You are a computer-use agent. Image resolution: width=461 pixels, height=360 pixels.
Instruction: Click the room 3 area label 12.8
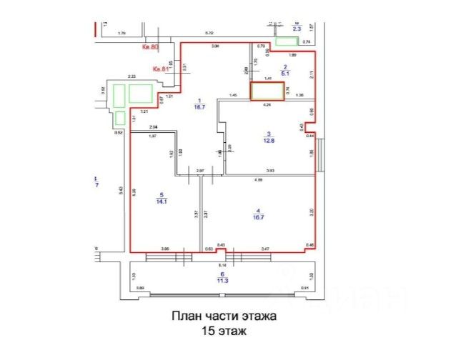point(269,141)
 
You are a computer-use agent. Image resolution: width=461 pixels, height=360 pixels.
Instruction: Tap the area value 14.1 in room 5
point(162,201)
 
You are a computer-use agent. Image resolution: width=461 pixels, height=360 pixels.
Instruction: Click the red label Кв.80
point(149,49)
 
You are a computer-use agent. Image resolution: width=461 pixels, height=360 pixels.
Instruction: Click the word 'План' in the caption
point(186,316)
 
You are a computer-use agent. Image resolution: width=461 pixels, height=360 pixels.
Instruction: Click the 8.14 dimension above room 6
point(222,264)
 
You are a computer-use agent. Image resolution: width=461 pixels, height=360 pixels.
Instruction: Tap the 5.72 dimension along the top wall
point(209,34)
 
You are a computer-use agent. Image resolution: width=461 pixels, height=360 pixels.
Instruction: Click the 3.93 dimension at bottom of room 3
point(270,170)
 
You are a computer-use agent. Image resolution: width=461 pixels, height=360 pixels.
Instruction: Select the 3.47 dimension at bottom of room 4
point(266,248)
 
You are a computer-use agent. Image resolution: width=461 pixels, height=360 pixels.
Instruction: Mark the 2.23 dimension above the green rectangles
point(132,76)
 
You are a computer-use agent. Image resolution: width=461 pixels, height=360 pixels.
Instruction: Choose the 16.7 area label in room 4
point(259,215)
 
